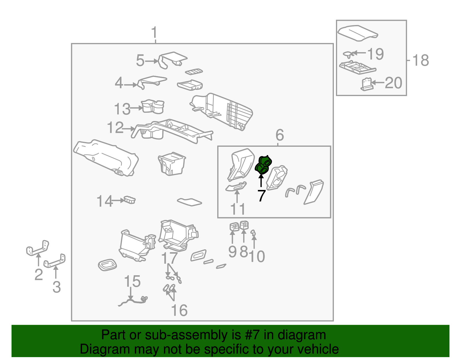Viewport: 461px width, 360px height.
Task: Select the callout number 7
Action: [x=262, y=196]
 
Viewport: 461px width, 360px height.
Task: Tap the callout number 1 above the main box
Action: [x=154, y=33]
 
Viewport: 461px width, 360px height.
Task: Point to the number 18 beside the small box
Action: [x=421, y=60]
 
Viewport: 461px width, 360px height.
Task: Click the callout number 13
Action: [x=122, y=109]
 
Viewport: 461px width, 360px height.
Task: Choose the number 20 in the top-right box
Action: [x=394, y=83]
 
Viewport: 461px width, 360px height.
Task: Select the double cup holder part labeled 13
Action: [x=153, y=106]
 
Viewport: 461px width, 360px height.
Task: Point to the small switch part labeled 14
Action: [x=129, y=200]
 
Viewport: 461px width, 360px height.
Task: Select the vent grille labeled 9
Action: [x=235, y=227]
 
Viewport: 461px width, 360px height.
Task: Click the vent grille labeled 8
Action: [x=244, y=225]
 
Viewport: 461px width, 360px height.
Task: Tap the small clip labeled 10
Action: [x=253, y=233]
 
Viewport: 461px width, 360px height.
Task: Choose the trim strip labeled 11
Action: [x=236, y=186]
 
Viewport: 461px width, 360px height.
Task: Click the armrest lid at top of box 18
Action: [x=358, y=33]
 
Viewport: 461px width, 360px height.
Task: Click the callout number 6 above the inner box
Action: [x=279, y=135]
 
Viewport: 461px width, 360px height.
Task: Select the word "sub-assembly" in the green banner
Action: [x=193, y=335]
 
